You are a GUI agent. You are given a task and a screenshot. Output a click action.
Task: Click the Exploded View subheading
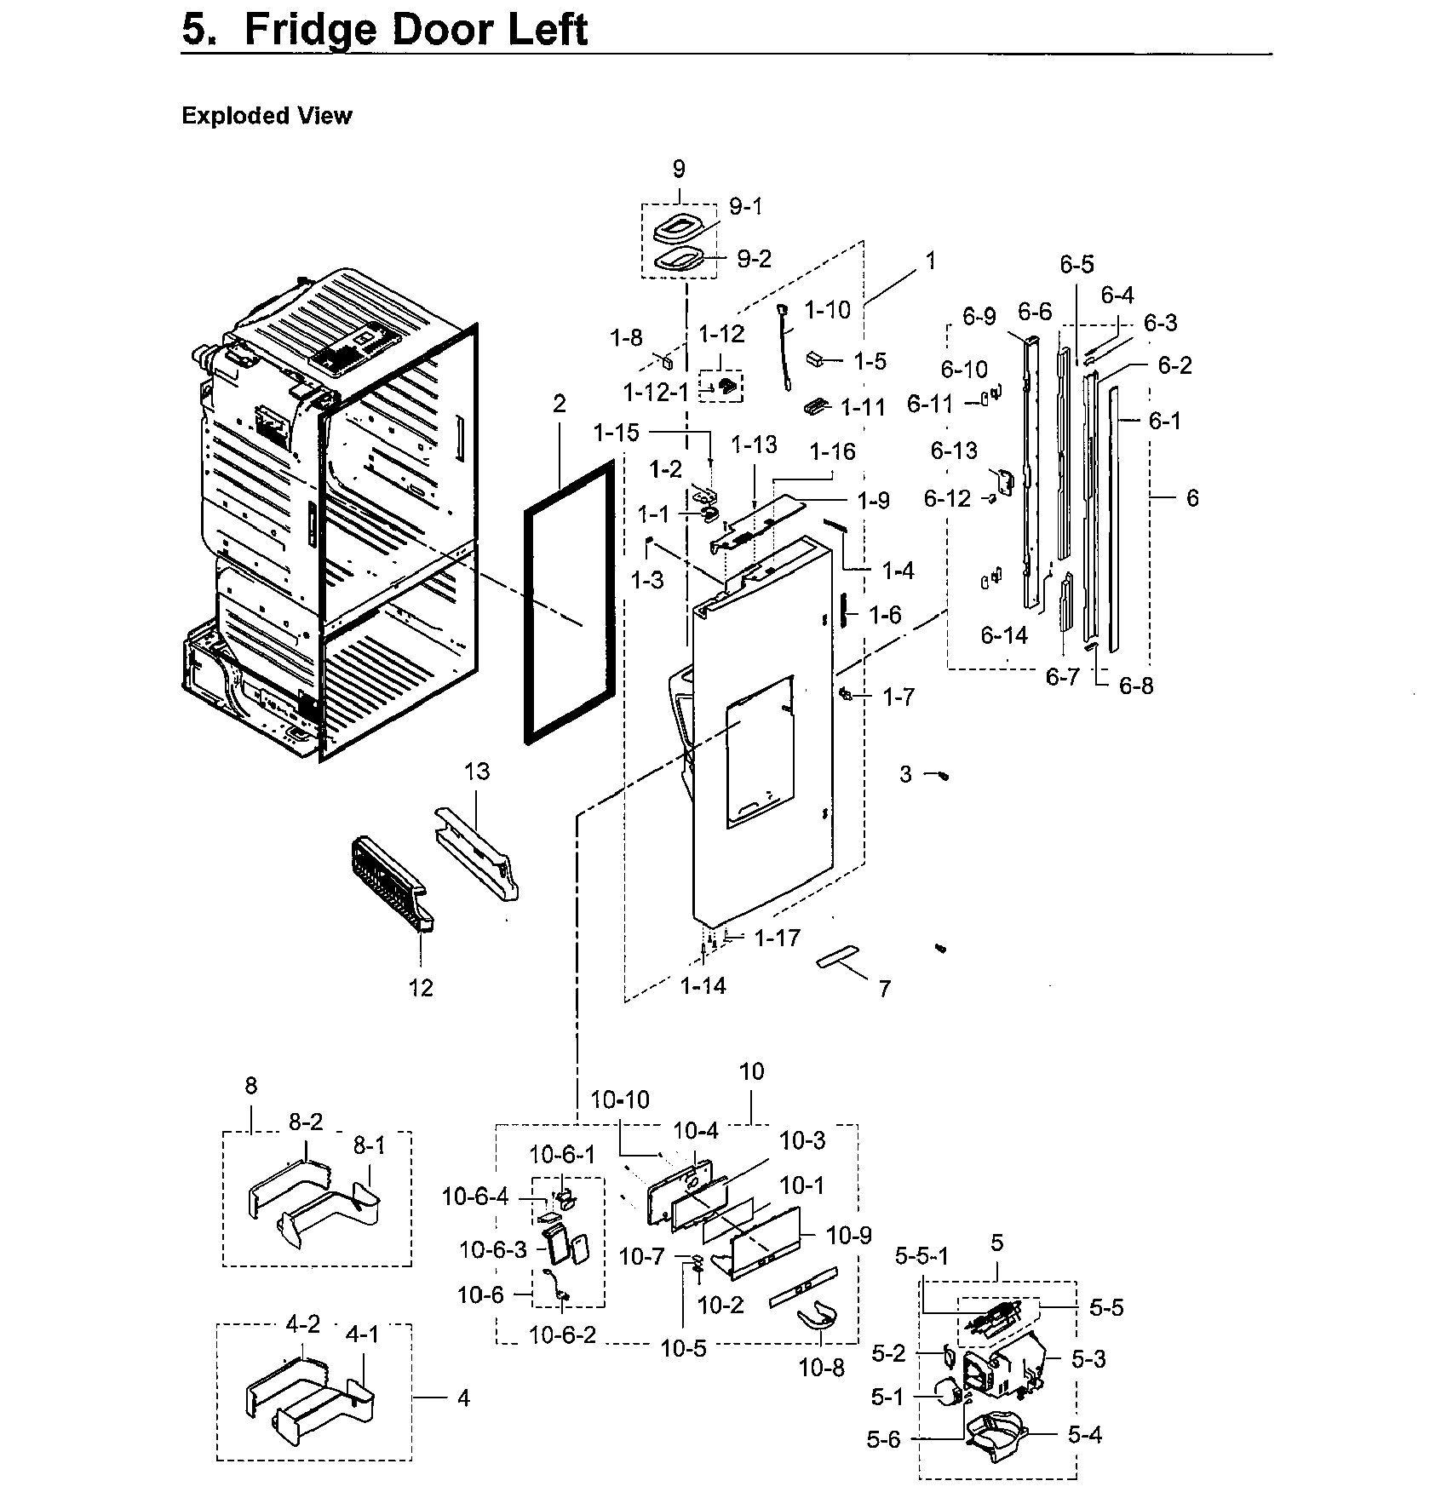pyautogui.click(x=267, y=116)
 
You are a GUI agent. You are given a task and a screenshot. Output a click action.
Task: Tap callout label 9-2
pyautogui.click(x=753, y=259)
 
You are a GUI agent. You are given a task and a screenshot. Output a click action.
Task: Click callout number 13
pyautogui.click(x=477, y=772)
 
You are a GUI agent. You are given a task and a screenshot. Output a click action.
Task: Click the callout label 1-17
pyautogui.click(x=777, y=938)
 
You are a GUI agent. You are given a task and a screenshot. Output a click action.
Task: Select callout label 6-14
pyautogui.click(x=1003, y=634)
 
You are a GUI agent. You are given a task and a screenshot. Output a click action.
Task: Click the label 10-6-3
pyautogui.click(x=493, y=1249)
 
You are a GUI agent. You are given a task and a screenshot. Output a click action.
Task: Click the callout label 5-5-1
pyautogui.click(x=921, y=1257)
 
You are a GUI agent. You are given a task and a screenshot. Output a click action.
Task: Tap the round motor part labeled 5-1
pyautogui.click(x=944, y=1393)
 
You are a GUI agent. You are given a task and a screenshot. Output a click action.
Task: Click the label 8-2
pyautogui.click(x=305, y=1122)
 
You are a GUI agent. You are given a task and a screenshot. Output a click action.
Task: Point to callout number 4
pyautogui.click(x=463, y=1398)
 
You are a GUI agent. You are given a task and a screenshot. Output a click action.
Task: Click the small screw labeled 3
pyautogui.click(x=942, y=775)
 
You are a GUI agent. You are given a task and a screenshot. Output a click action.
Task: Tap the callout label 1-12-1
pyautogui.click(x=655, y=393)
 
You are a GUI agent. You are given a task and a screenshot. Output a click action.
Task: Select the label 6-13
pyautogui.click(x=954, y=451)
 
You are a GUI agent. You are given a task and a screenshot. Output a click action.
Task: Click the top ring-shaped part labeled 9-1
pyautogui.click(x=679, y=230)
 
